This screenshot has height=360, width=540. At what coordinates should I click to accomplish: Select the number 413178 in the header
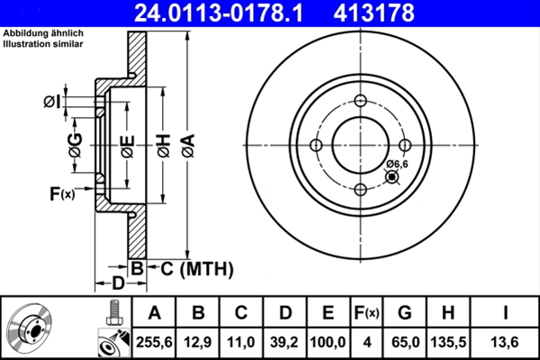(x=402, y=13)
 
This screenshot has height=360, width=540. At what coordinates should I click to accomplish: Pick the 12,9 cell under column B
(x=199, y=341)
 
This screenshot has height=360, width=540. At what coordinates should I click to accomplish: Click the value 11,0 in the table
(x=241, y=341)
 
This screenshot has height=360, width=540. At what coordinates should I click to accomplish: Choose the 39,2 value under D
(x=284, y=341)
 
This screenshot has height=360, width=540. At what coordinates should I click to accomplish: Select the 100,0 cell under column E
(x=328, y=341)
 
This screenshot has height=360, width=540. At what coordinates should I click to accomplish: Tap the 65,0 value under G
(x=405, y=341)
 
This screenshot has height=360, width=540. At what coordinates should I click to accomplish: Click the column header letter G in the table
(x=405, y=313)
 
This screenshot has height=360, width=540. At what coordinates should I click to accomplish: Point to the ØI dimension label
(x=51, y=102)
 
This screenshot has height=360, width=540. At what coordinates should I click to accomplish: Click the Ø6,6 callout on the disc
(x=397, y=164)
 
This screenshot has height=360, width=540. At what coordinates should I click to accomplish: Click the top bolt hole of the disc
(x=360, y=101)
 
